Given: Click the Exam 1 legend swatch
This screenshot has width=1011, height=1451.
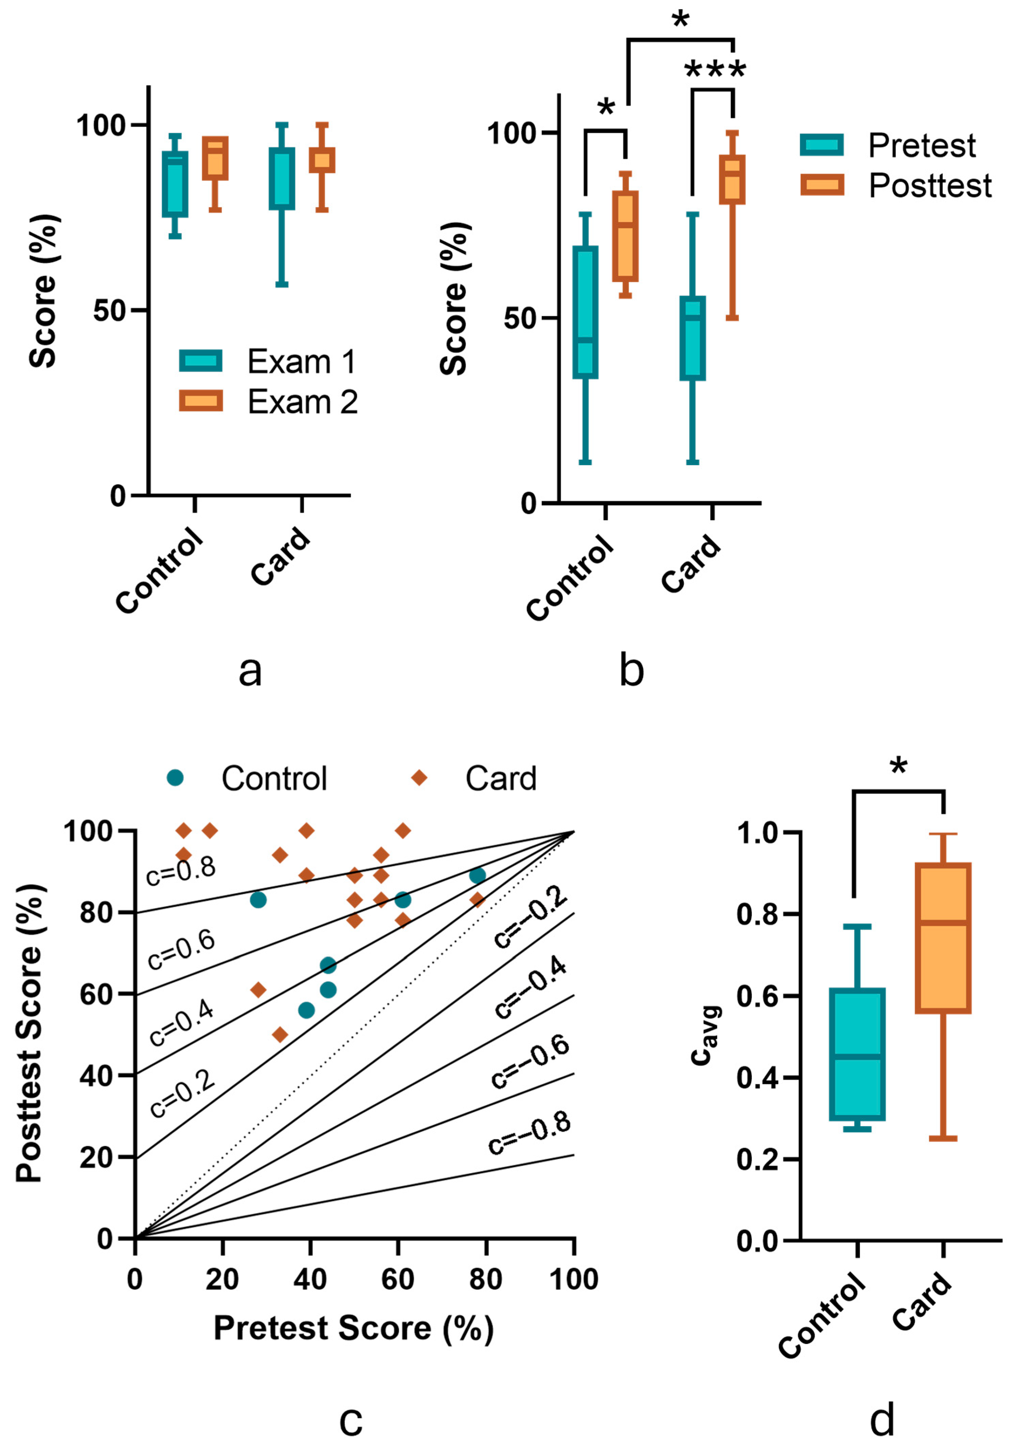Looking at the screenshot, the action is [200, 360].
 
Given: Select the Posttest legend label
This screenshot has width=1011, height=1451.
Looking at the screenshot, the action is [929, 186].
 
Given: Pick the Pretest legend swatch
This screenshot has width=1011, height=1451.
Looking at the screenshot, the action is [821, 145].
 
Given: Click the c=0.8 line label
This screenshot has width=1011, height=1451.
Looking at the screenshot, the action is [181, 871].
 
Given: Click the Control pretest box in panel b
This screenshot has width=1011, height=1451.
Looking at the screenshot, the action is [585, 312].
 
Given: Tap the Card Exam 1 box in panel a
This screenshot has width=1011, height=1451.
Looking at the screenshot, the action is [282, 179].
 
